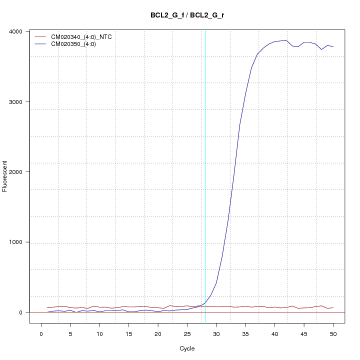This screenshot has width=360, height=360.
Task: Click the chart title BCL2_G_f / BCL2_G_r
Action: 187,15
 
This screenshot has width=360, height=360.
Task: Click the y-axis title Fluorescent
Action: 5,176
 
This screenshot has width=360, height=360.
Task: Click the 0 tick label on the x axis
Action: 41,333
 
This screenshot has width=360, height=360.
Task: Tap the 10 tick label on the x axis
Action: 99,333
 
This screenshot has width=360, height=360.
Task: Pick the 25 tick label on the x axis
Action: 187,333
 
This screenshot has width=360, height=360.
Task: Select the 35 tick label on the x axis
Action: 245,333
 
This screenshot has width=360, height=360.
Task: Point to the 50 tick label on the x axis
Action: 333,333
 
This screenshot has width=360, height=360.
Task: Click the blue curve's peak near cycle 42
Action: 286,40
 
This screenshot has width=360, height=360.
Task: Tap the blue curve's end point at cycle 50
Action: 333,46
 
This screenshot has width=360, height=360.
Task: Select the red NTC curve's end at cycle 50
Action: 333,307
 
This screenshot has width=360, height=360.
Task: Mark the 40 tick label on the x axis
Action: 274,333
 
